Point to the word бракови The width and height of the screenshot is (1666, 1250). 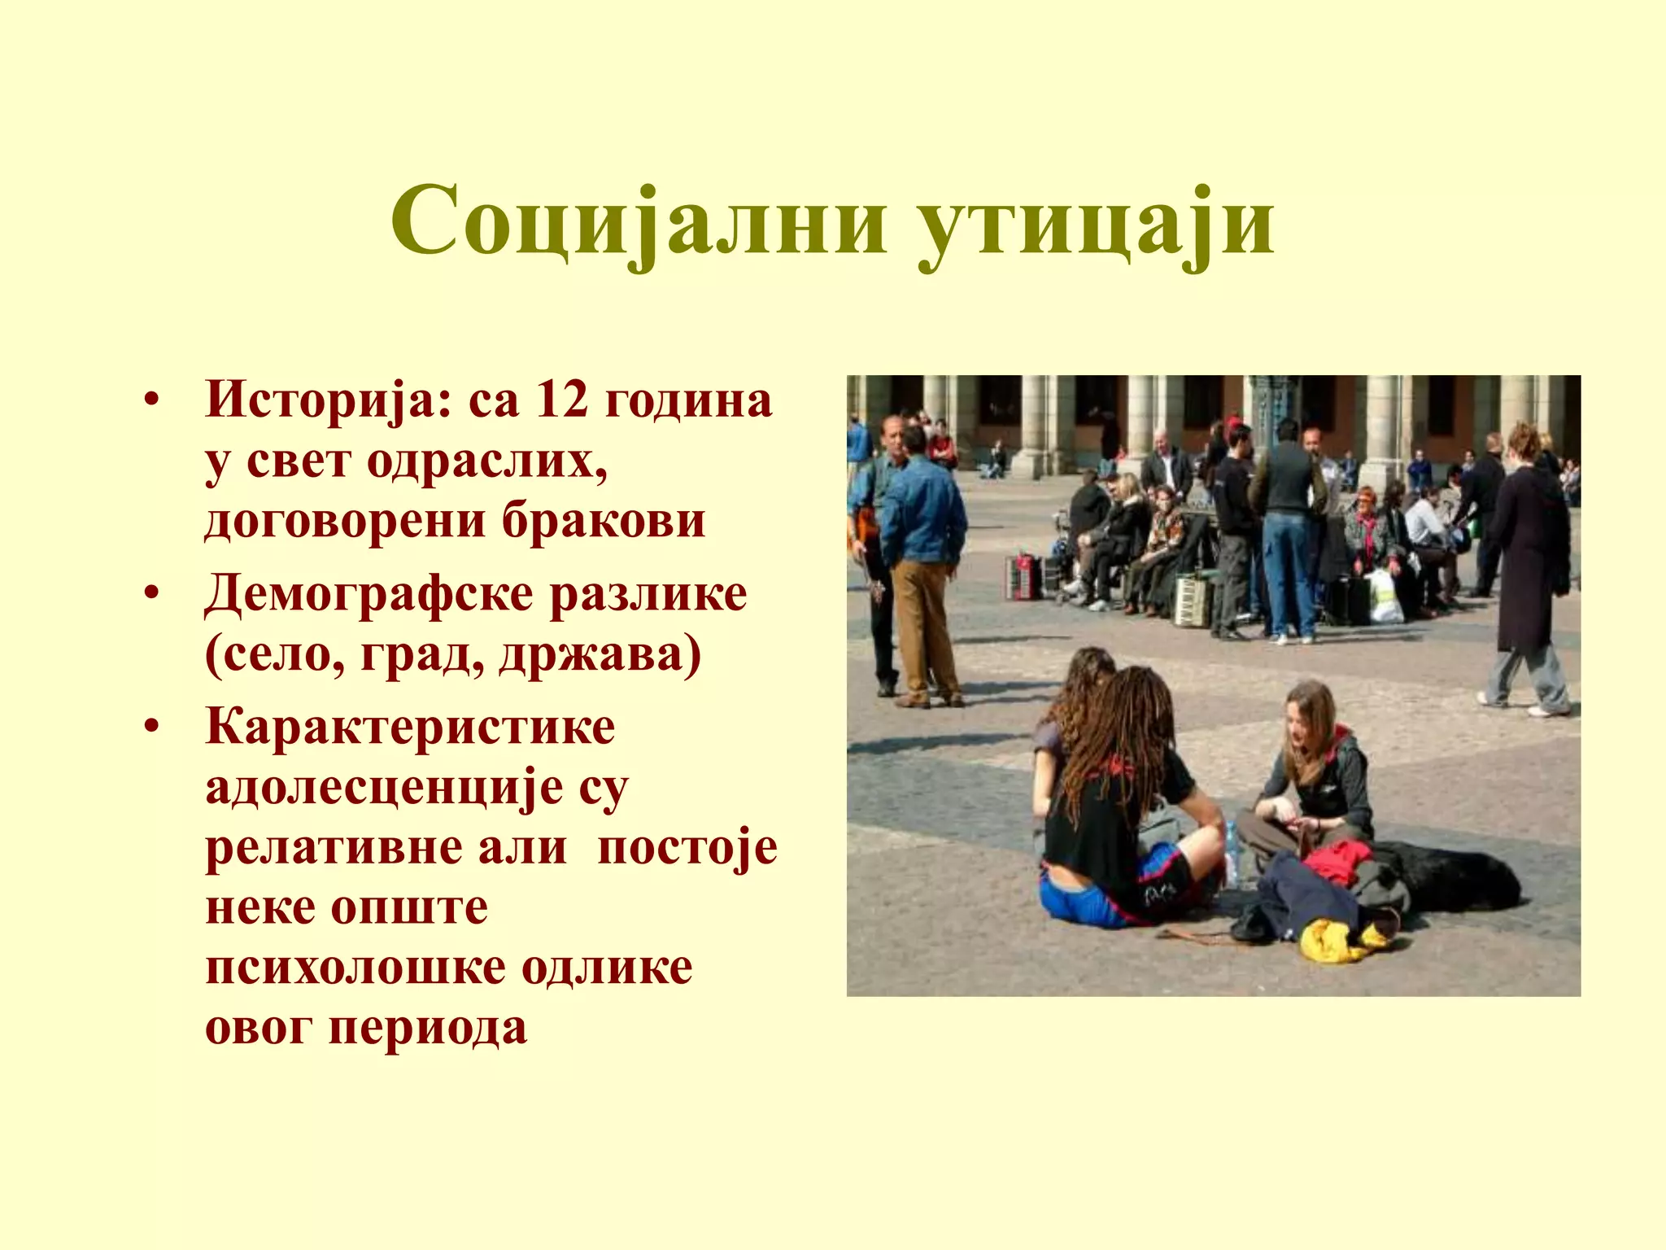point(603,520)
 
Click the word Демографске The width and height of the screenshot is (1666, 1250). point(369,594)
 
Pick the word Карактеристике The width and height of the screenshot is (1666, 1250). point(411,726)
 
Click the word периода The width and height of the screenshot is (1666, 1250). point(428,1027)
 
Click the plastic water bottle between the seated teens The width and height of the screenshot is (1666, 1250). point(1232,854)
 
